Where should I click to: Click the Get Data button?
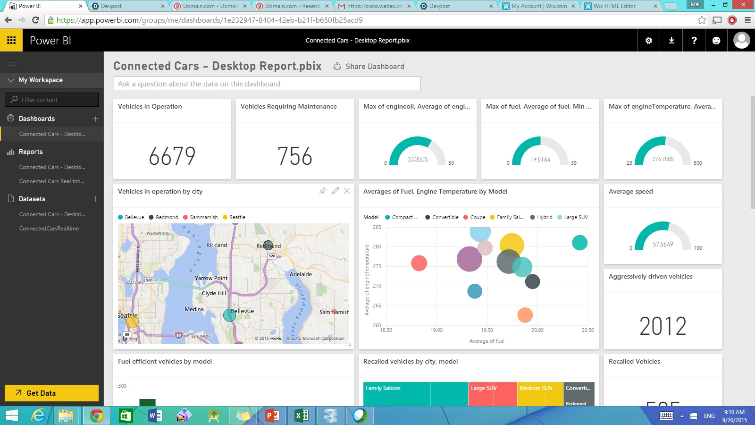[51, 393]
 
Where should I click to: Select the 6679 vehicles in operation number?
[172, 156]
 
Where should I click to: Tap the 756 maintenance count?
[294, 156]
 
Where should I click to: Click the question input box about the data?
[267, 84]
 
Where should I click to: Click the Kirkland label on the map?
[217, 245]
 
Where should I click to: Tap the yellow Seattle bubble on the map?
[132, 322]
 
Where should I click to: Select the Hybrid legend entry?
[541, 217]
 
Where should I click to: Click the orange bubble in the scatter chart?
[525, 314]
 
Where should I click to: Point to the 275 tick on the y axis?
[377, 266]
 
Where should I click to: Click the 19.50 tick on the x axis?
[487, 330]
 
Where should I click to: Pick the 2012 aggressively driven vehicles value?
[663, 326]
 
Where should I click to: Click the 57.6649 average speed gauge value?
[663, 244]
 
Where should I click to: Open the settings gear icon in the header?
[649, 41]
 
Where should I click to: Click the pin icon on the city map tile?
[323, 191]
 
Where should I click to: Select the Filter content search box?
[52, 100]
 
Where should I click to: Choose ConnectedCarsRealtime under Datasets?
[49, 229]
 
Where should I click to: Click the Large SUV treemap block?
[492, 394]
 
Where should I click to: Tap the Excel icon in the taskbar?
[301, 416]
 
